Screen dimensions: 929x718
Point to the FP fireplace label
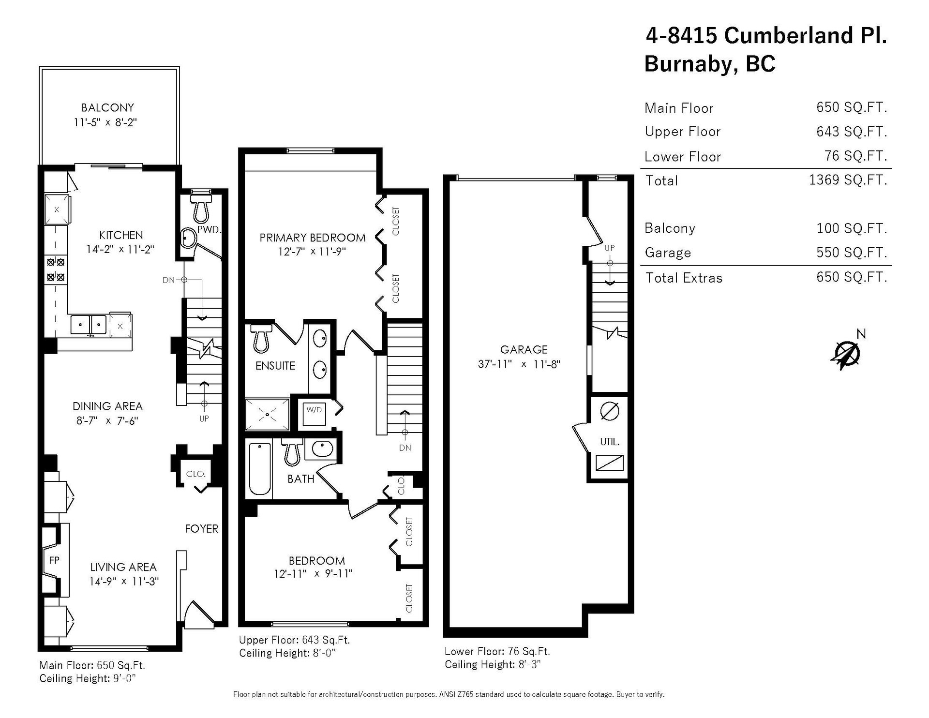click(54, 560)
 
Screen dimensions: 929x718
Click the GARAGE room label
click(524, 349)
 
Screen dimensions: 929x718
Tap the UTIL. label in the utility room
click(610, 442)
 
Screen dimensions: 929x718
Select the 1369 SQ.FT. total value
click(848, 180)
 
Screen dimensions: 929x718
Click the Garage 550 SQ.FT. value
click(852, 252)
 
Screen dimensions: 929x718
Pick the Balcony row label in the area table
click(670, 228)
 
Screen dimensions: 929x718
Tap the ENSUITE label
click(275, 366)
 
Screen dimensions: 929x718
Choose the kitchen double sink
click(89, 324)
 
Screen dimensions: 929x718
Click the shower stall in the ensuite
click(267, 414)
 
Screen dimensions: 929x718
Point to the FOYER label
click(201, 529)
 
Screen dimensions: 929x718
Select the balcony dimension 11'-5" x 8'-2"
click(105, 122)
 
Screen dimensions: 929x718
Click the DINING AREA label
click(107, 406)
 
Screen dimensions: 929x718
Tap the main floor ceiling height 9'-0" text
click(87, 678)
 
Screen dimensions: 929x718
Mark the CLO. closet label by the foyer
click(196, 474)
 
